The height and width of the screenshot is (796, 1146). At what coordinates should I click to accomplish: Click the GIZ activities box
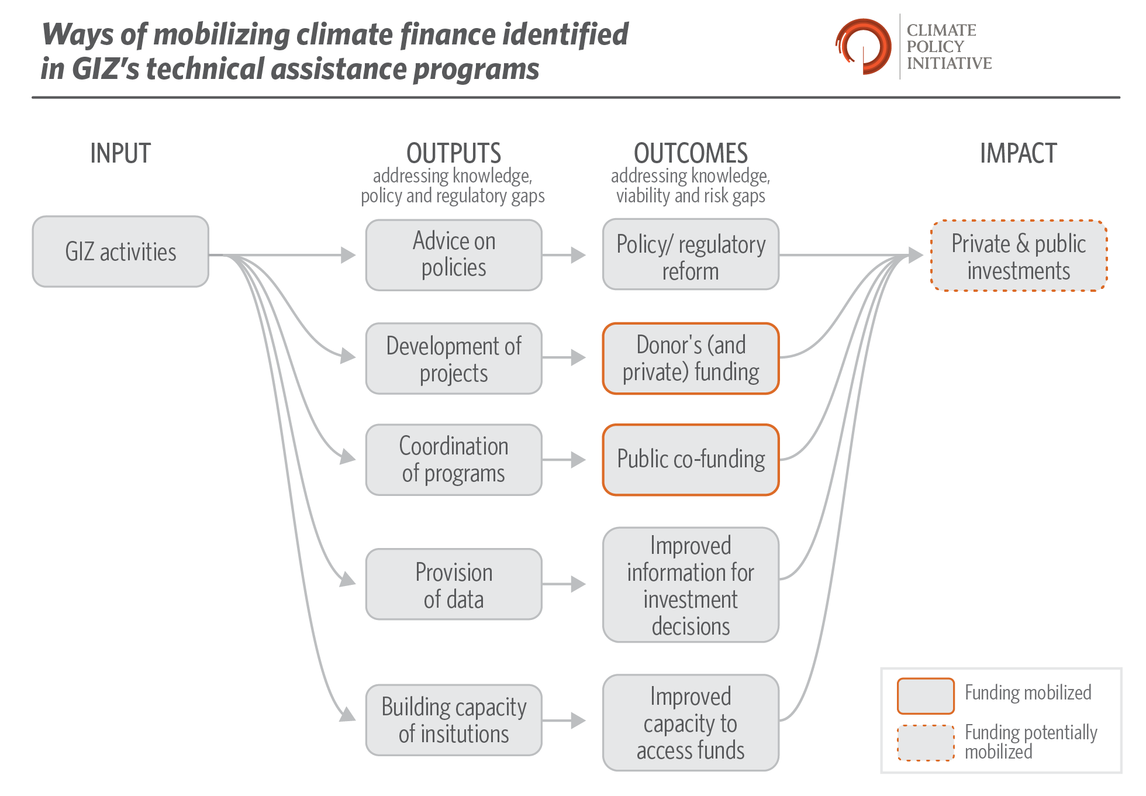[x=120, y=251]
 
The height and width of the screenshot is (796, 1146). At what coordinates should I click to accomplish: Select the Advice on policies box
[x=454, y=255]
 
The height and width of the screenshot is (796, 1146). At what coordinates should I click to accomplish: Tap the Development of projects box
[x=454, y=359]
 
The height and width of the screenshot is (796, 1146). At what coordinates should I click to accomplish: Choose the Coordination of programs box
[x=454, y=460]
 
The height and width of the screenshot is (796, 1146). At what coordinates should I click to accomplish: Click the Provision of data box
[x=454, y=584]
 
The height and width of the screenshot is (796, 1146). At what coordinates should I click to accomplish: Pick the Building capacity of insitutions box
[x=454, y=720]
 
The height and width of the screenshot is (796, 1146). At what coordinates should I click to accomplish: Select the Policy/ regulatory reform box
[x=691, y=254]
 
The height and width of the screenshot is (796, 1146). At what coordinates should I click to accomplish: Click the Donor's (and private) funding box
[x=691, y=359]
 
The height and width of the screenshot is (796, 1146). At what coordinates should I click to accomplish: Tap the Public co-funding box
[x=691, y=460]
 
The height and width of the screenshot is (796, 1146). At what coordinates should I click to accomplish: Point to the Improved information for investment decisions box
[x=691, y=585]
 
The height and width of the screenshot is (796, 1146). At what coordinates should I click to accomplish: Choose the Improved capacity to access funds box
[x=691, y=723]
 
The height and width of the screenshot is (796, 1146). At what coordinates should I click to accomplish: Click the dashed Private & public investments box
[x=1019, y=256]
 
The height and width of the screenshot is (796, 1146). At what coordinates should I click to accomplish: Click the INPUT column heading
[x=120, y=153]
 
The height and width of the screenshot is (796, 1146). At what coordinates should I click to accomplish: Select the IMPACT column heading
[x=1019, y=153]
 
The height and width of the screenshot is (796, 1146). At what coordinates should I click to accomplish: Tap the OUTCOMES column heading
[x=691, y=153]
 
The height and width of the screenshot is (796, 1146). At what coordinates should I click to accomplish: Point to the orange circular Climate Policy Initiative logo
[x=863, y=46]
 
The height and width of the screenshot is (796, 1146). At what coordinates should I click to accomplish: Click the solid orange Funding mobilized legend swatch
[x=926, y=696]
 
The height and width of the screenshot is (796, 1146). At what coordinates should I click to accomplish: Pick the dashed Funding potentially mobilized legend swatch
[x=926, y=743]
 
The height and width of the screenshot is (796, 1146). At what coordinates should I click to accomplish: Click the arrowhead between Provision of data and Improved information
[x=578, y=584]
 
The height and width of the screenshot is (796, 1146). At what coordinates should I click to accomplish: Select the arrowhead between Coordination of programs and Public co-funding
[x=578, y=460]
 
